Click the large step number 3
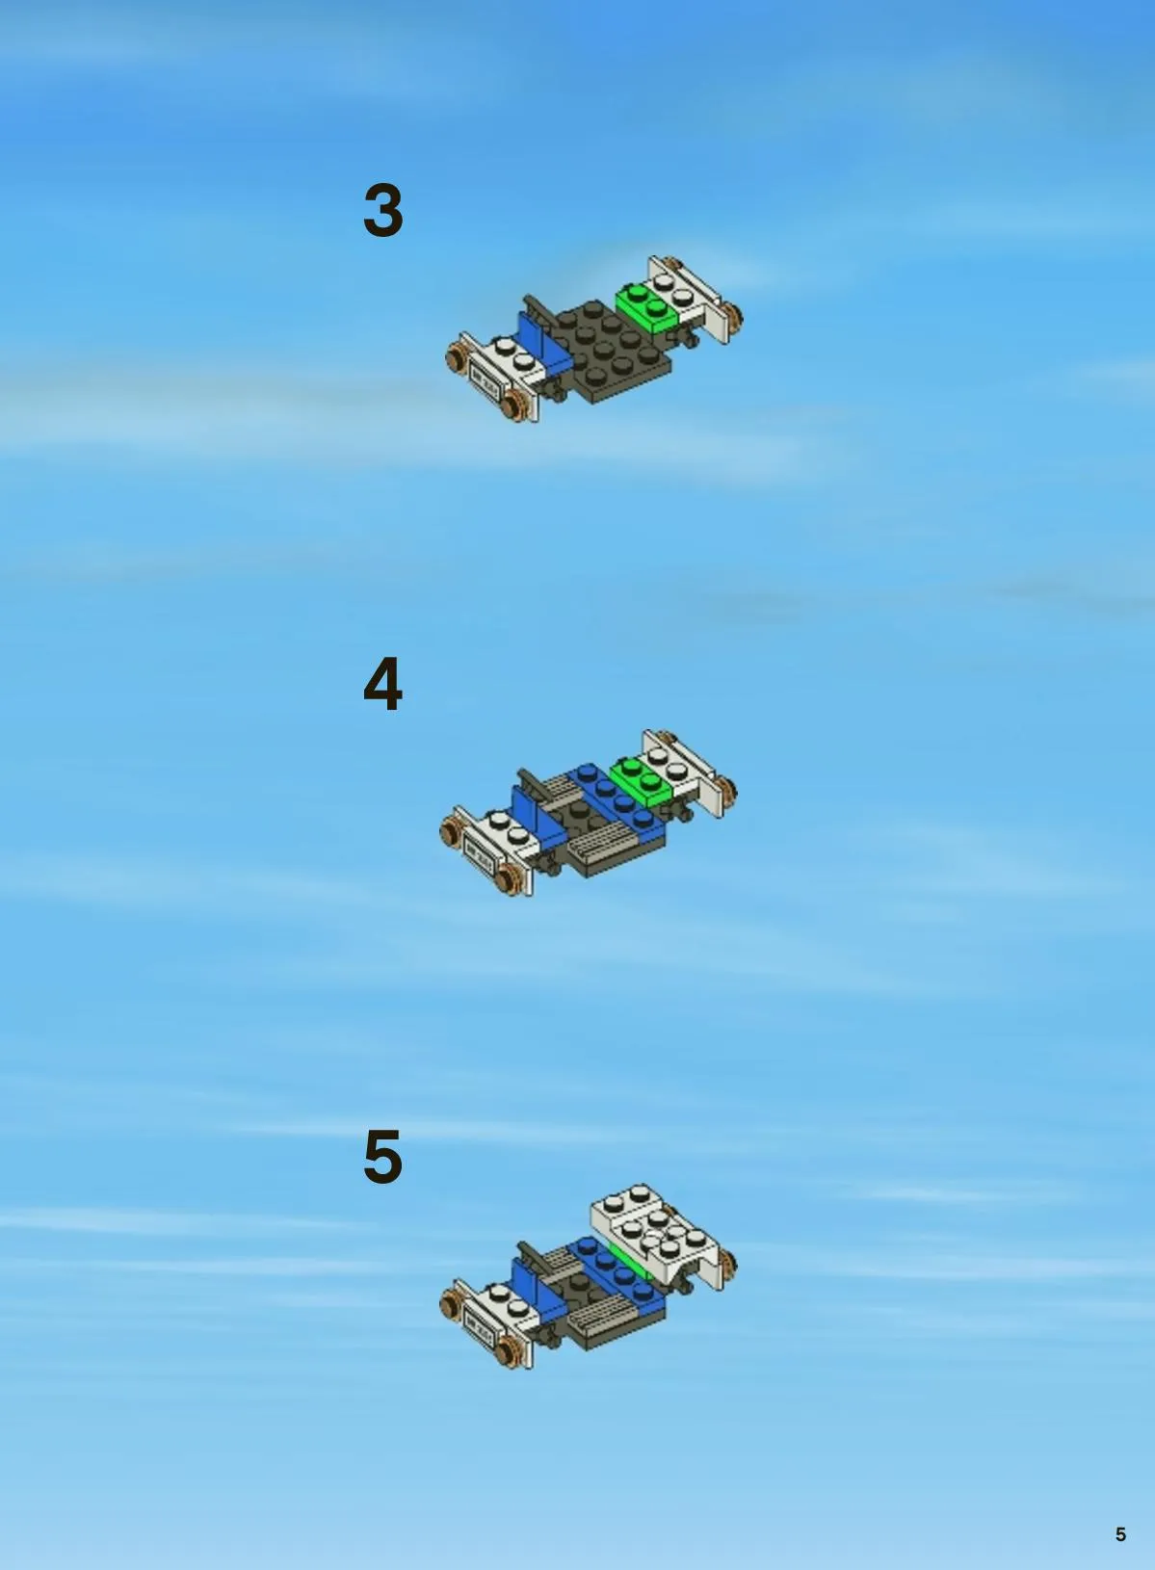(x=382, y=210)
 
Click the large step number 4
(x=382, y=684)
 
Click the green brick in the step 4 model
(x=642, y=781)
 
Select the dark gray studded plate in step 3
(x=611, y=351)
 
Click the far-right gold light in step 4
(x=727, y=790)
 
